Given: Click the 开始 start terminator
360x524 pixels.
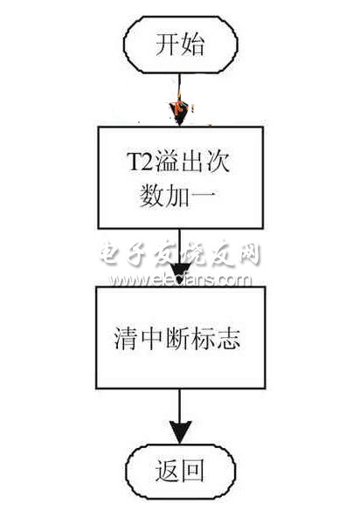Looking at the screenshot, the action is (x=181, y=45).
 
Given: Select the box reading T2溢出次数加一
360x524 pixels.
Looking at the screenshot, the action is (x=181, y=177).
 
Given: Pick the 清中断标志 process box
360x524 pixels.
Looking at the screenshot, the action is (x=181, y=337).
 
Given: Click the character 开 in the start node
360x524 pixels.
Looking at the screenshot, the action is (x=168, y=45).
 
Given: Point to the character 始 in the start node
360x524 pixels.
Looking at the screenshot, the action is (x=192, y=45).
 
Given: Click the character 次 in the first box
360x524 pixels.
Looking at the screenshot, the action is (x=218, y=162).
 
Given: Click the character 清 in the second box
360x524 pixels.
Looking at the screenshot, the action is (x=127, y=338).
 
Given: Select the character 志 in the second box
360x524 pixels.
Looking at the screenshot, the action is (x=228, y=338).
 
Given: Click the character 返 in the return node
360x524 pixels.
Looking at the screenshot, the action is (x=167, y=471).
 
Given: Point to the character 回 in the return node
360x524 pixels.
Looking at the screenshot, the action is (x=193, y=471).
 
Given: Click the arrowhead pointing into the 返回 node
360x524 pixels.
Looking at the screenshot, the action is (x=180, y=432).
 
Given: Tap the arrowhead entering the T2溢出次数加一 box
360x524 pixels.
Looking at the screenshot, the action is (x=180, y=114).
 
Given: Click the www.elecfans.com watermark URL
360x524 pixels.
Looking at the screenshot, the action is (x=180, y=279).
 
